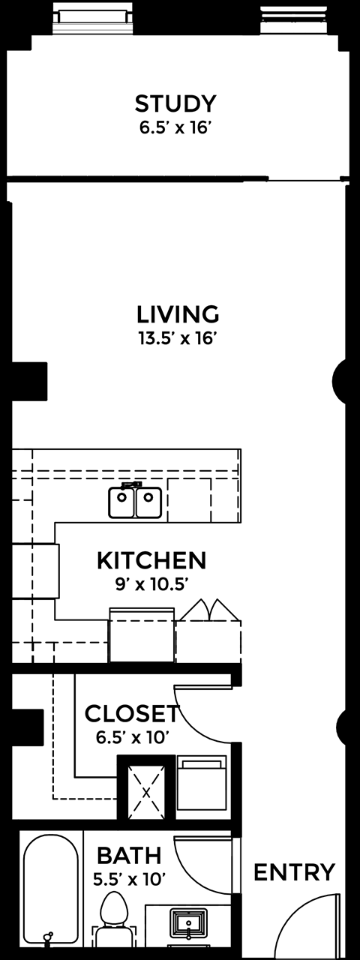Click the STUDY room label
[x=175, y=103]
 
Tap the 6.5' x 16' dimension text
[x=175, y=127]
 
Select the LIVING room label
[x=178, y=314]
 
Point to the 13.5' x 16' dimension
[x=175, y=338]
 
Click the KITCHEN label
[x=151, y=560]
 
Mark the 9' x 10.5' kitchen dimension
[x=152, y=584]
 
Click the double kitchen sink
[x=135, y=500]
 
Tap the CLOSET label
[x=131, y=713]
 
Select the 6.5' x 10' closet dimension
[x=130, y=737]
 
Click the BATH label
[x=130, y=856]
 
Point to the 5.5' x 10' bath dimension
[x=130, y=880]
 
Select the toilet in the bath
[x=115, y=922]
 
